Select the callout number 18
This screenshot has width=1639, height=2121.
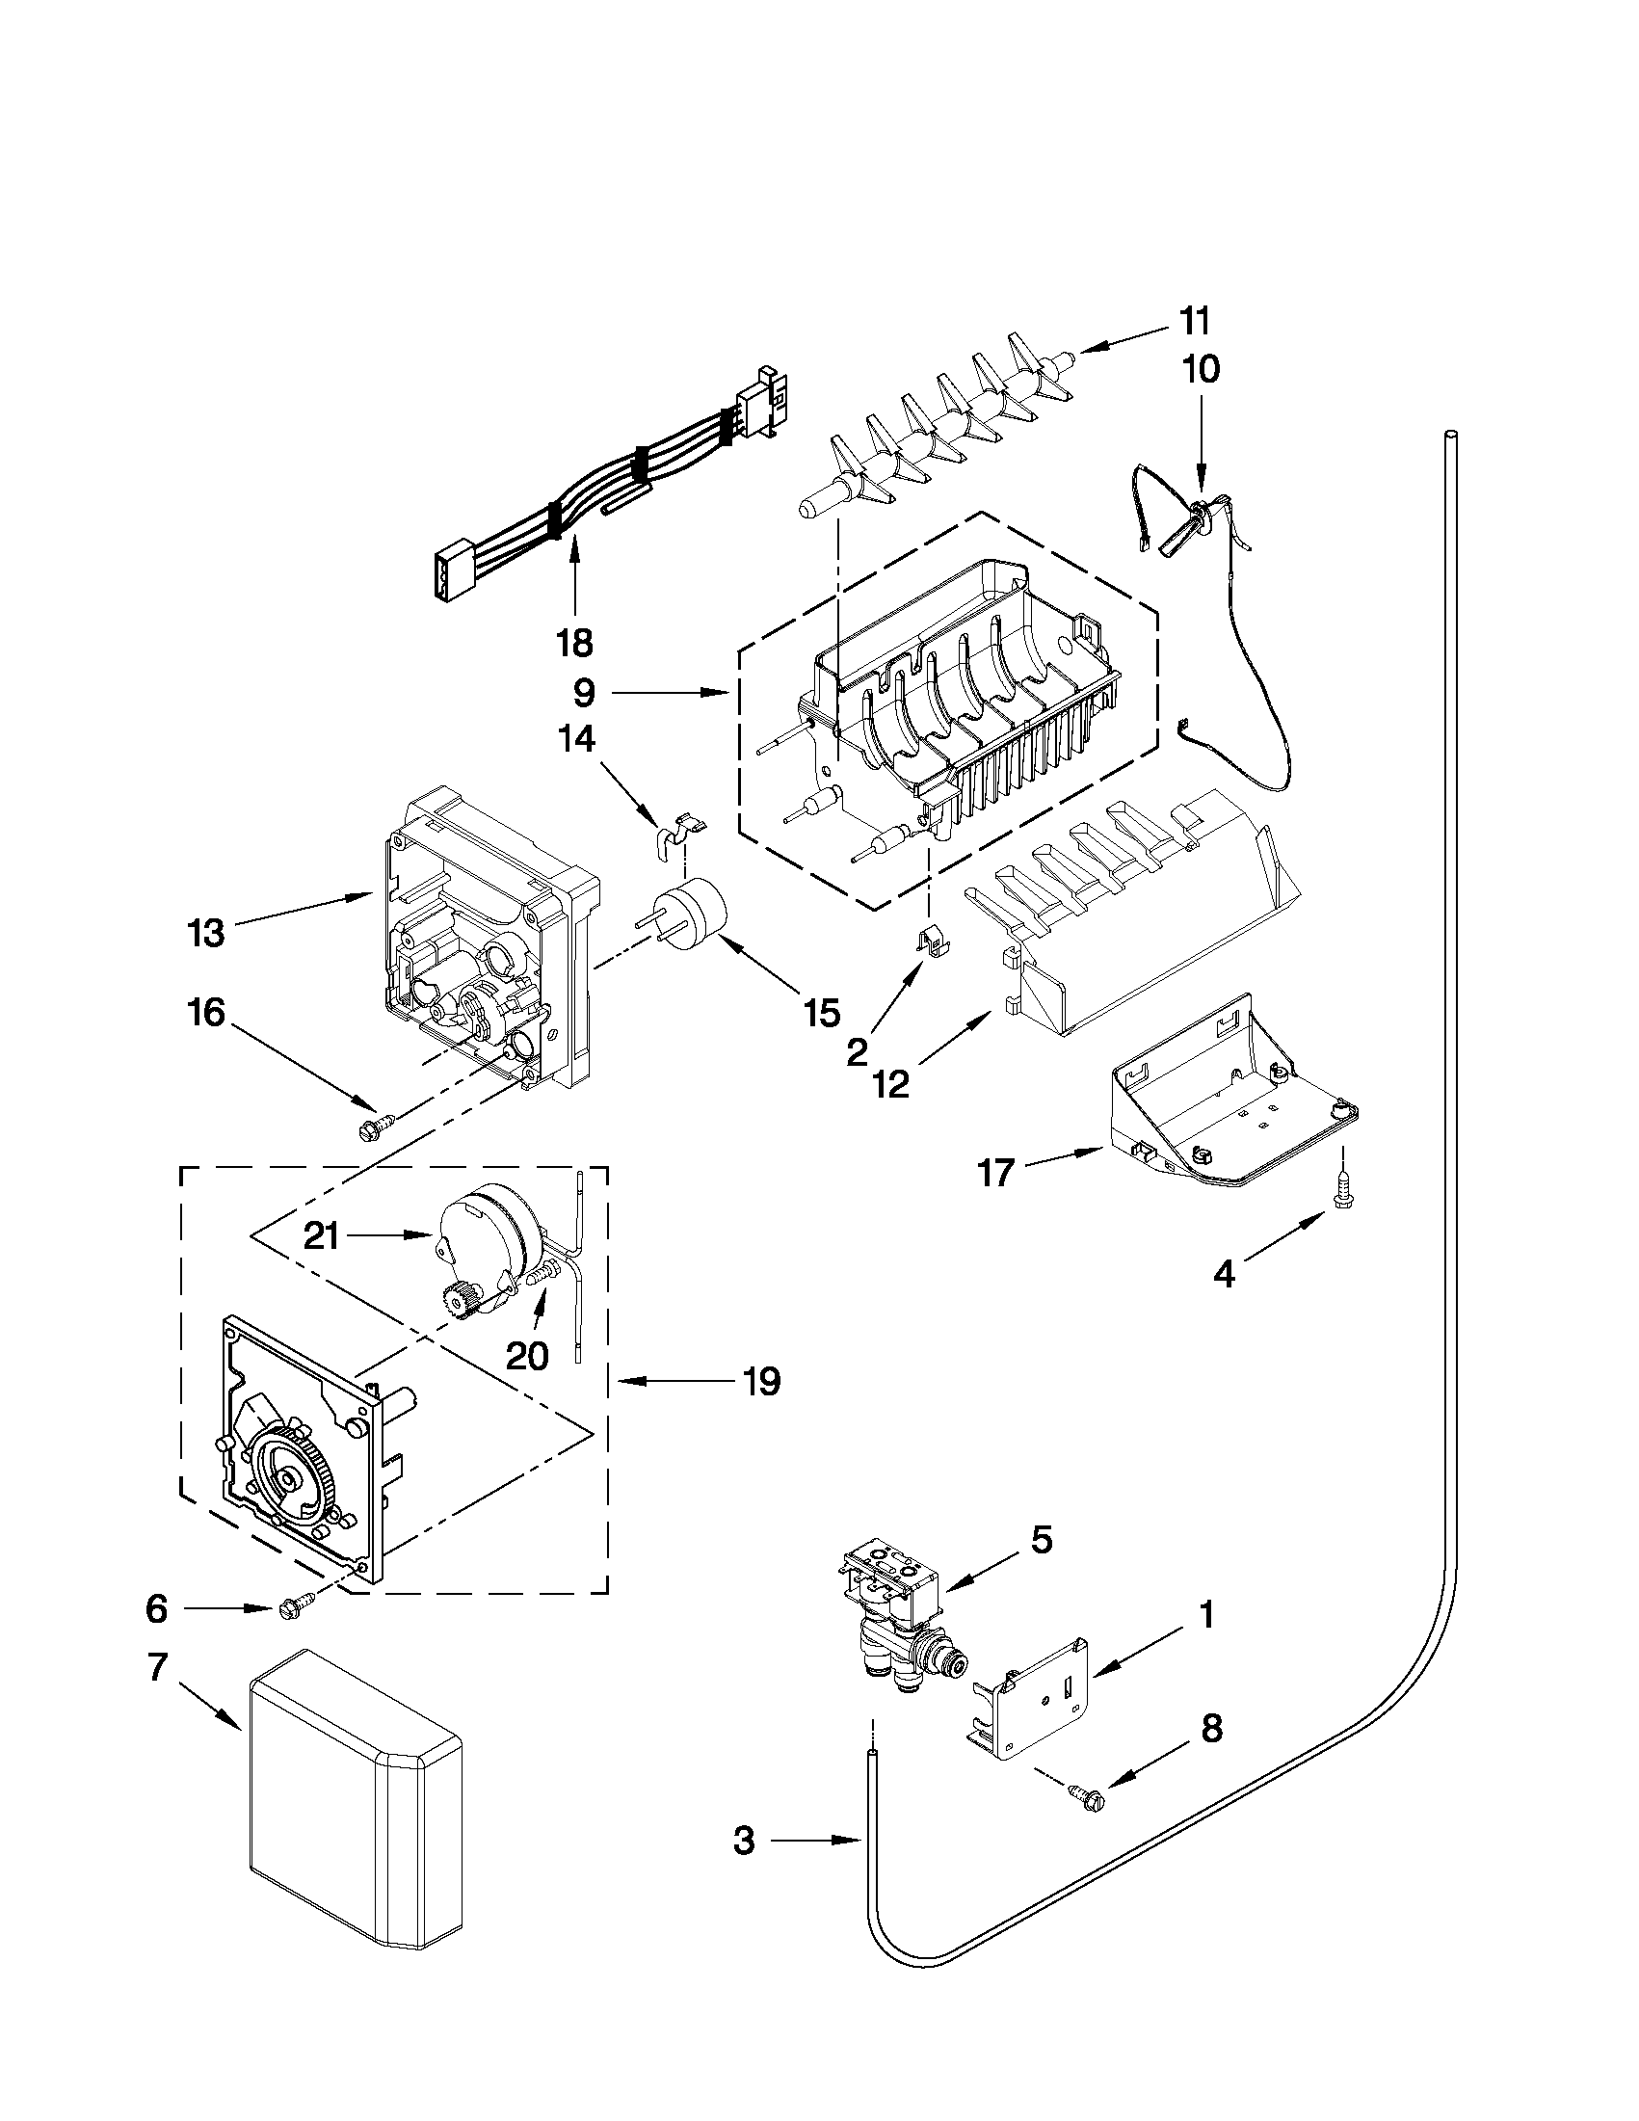[x=575, y=642]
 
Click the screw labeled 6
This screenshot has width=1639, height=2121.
[x=297, y=1607]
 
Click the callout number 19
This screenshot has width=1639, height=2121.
[x=762, y=1381]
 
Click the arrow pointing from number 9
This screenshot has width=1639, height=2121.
[x=670, y=693]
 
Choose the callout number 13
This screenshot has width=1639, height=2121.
[x=206, y=933]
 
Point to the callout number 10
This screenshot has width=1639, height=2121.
[x=1202, y=370]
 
